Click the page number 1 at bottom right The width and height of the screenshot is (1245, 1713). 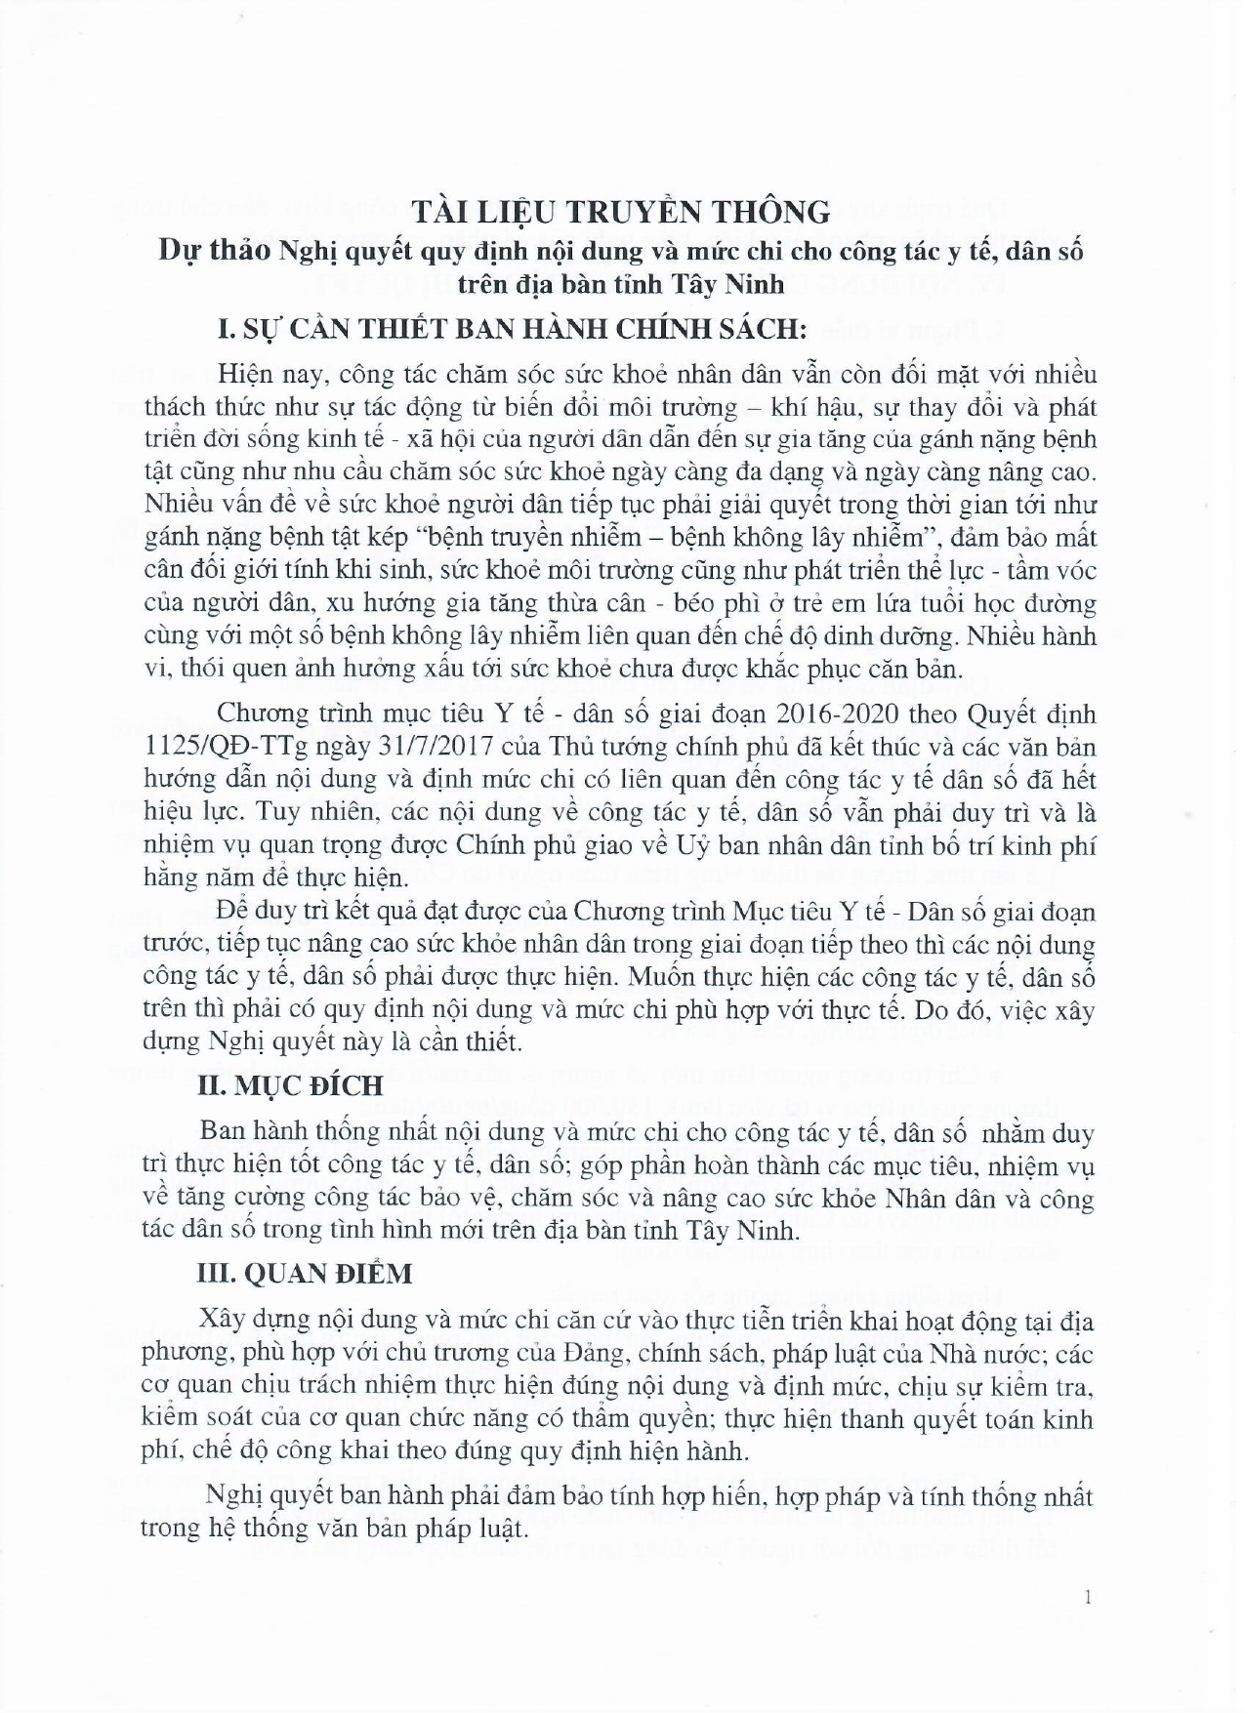click(1087, 1598)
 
